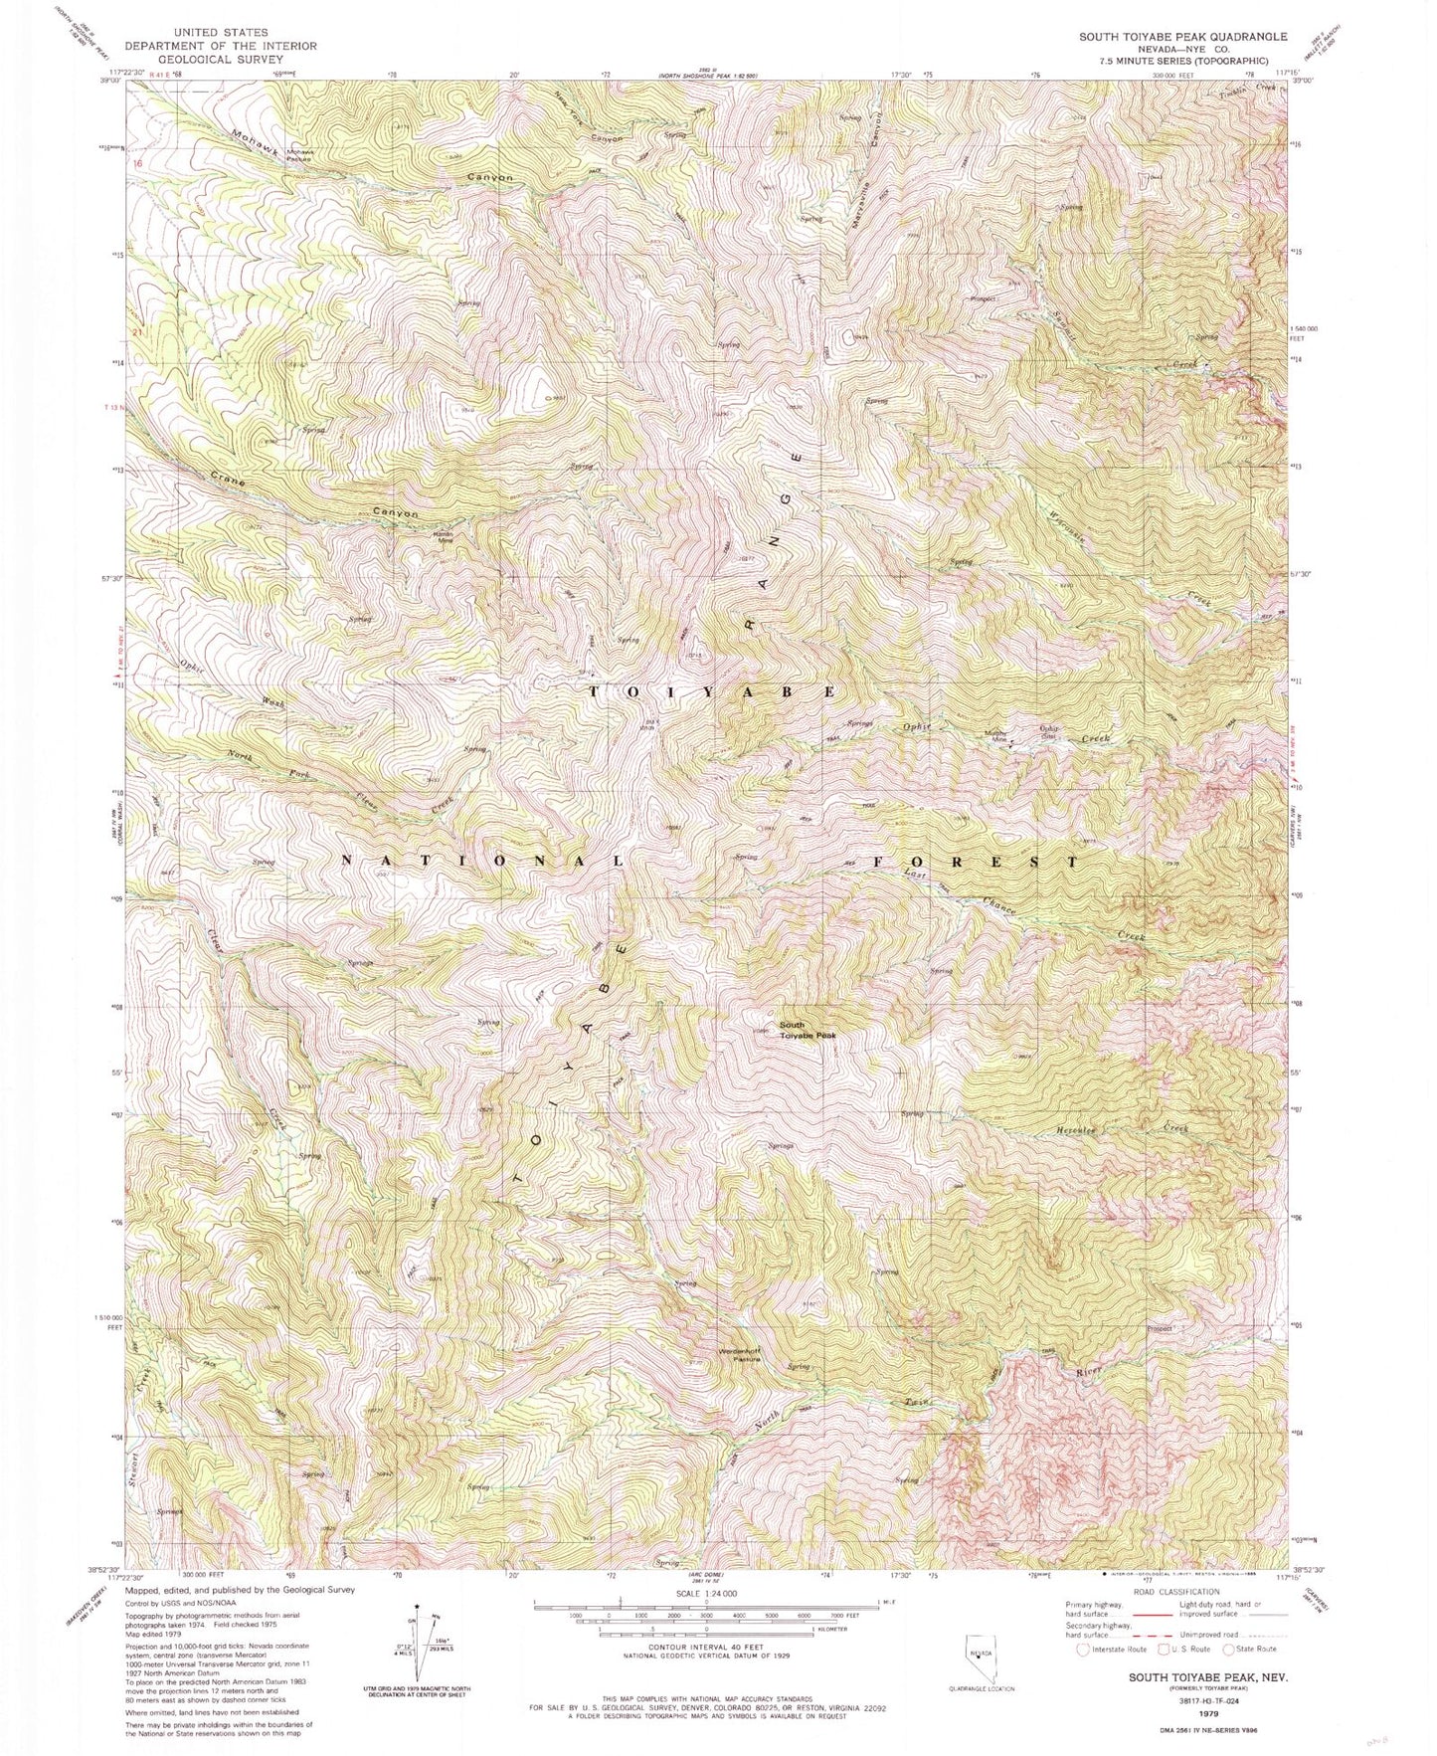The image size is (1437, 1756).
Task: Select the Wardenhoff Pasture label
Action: (740, 1354)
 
